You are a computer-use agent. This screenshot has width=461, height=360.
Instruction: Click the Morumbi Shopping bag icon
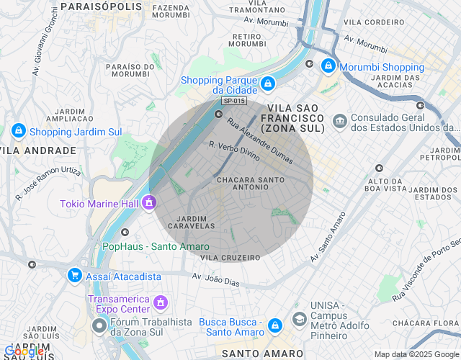(x=328, y=66)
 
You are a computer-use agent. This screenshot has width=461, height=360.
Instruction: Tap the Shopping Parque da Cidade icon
(x=267, y=84)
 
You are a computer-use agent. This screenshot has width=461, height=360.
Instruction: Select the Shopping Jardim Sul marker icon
(x=18, y=131)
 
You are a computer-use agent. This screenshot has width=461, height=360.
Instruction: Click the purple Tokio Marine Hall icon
(x=149, y=202)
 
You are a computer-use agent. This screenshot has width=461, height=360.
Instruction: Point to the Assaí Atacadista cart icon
(x=74, y=275)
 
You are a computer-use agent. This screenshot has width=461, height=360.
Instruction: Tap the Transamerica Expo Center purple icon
(x=161, y=301)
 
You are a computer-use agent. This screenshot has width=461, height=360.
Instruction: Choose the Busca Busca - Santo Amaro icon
(x=274, y=325)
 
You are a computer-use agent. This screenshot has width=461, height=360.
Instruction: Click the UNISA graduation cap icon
(x=299, y=318)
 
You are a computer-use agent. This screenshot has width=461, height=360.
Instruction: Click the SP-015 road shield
(x=234, y=102)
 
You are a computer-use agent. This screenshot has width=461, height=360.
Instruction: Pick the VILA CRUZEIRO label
(x=230, y=257)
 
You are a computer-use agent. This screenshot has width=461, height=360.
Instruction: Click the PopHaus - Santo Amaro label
(x=156, y=246)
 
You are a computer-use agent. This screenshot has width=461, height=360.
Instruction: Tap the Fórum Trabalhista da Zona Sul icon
(x=100, y=326)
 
